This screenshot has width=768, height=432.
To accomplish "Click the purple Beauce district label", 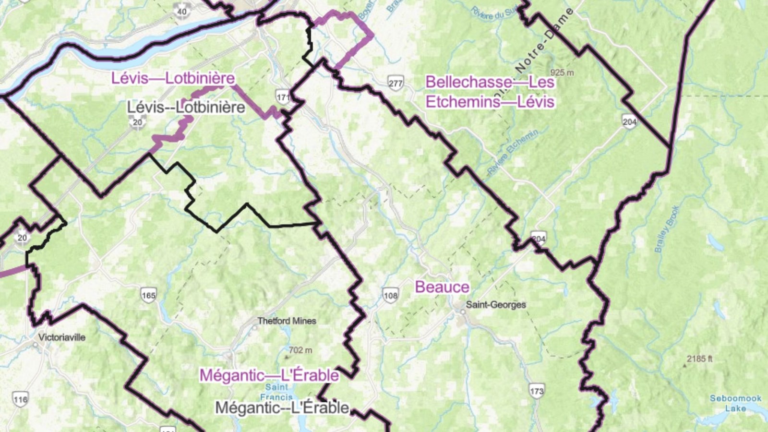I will (x=442, y=287).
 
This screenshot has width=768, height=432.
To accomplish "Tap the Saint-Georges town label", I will (x=495, y=305).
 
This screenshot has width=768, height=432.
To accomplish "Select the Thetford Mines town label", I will (x=287, y=321).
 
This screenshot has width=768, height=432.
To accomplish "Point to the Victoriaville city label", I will (x=62, y=337).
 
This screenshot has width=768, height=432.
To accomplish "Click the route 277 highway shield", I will (x=396, y=83).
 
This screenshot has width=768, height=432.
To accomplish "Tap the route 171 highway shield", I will (x=283, y=97).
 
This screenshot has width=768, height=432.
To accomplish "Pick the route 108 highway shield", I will (x=390, y=295).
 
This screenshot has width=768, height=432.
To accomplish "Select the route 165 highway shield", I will (x=148, y=295).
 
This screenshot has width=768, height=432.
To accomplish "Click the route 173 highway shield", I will (x=537, y=391).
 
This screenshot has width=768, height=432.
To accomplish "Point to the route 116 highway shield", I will (x=20, y=399).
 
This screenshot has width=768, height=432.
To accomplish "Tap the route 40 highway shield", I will (x=182, y=11).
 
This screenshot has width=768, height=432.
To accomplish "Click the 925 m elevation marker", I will (x=562, y=72).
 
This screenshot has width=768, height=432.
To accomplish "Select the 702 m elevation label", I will (x=300, y=350).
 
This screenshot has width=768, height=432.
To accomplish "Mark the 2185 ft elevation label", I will (x=699, y=359).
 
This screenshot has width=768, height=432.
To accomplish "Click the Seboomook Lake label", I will (x=735, y=403).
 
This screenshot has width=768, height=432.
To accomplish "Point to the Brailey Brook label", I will (x=667, y=229).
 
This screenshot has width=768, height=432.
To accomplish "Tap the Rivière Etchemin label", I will (x=512, y=152).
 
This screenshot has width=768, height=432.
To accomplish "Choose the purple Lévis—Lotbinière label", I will (x=173, y=78).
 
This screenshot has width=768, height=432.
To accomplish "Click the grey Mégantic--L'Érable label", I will (x=282, y=408).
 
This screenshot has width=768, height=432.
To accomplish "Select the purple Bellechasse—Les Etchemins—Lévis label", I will (x=490, y=92).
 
